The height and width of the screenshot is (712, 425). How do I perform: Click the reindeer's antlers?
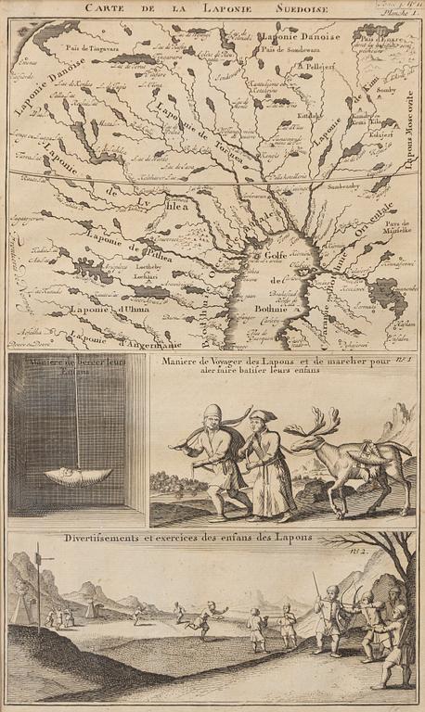click(309, 426)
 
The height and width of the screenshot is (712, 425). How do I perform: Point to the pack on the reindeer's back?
click(369, 451)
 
